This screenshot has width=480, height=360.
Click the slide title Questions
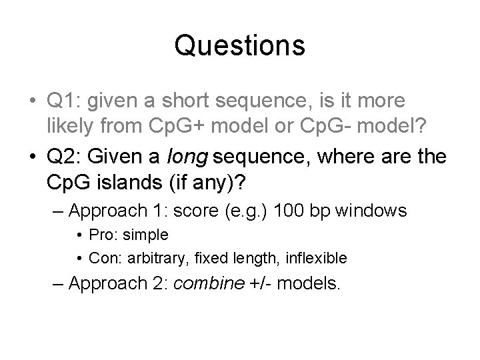click(x=240, y=46)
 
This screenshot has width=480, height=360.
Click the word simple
click(x=147, y=235)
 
